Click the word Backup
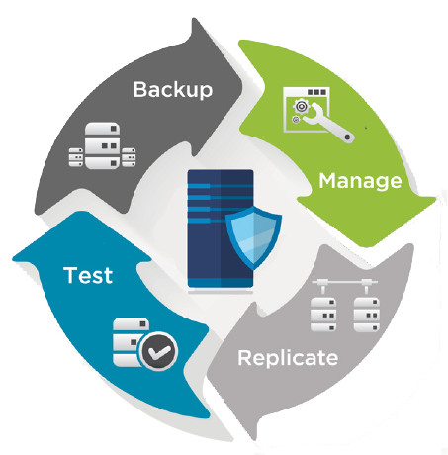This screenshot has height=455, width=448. [173, 90]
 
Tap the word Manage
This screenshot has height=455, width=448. [360, 181]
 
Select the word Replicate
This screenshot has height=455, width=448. [288, 359]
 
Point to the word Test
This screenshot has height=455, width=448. [88, 275]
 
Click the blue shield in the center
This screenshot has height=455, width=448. [253, 236]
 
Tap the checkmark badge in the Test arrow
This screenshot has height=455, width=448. [159, 351]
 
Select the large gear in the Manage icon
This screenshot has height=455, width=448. [301, 106]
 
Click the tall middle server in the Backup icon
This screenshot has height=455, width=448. [102, 145]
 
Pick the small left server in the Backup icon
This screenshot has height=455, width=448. [76, 157]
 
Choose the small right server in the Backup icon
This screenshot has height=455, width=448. [129, 157]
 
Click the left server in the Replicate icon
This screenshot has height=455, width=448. [323, 315]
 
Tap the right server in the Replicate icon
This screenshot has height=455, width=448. [367, 315]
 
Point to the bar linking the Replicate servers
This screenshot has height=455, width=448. [345, 283]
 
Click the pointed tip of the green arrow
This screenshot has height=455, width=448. [436, 198]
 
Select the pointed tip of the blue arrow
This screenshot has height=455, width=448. [13, 258]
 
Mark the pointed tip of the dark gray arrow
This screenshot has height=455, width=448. [195, 19]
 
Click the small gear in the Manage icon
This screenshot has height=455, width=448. [296, 120]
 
